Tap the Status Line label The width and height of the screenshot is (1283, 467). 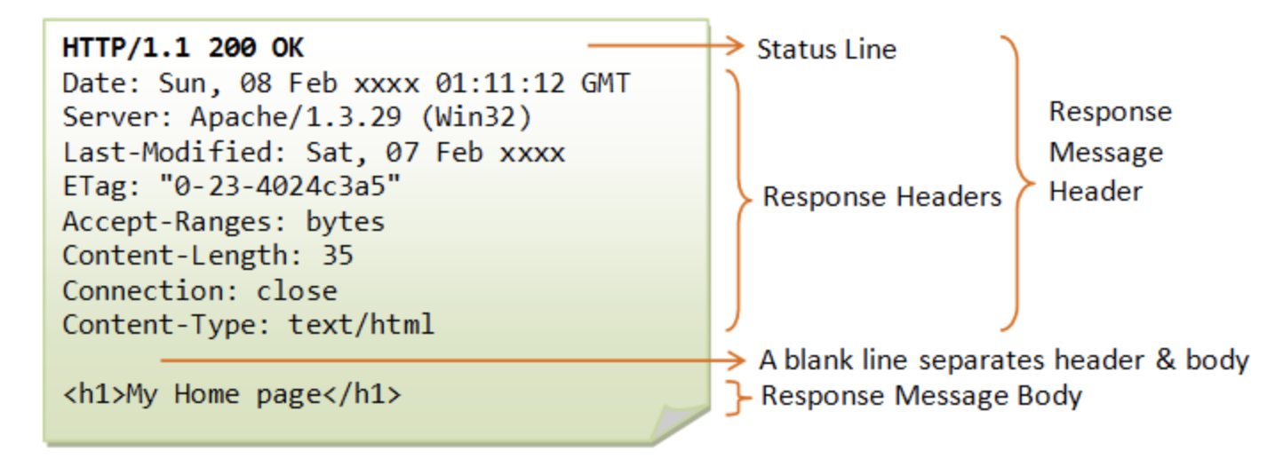(826, 49)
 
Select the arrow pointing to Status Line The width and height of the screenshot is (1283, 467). (666, 45)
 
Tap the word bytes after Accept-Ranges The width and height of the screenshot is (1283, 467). (346, 221)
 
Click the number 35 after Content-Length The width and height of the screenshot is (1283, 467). (338, 256)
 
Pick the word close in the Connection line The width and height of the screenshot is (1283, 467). (297, 290)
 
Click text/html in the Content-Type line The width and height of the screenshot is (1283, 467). (362, 324)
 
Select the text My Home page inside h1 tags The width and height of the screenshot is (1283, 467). (223, 394)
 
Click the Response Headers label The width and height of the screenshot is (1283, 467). (882, 196)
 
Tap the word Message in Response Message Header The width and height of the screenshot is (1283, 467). (1105, 153)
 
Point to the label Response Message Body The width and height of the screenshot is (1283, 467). (921, 396)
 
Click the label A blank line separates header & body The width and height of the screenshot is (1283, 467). (1004, 360)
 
